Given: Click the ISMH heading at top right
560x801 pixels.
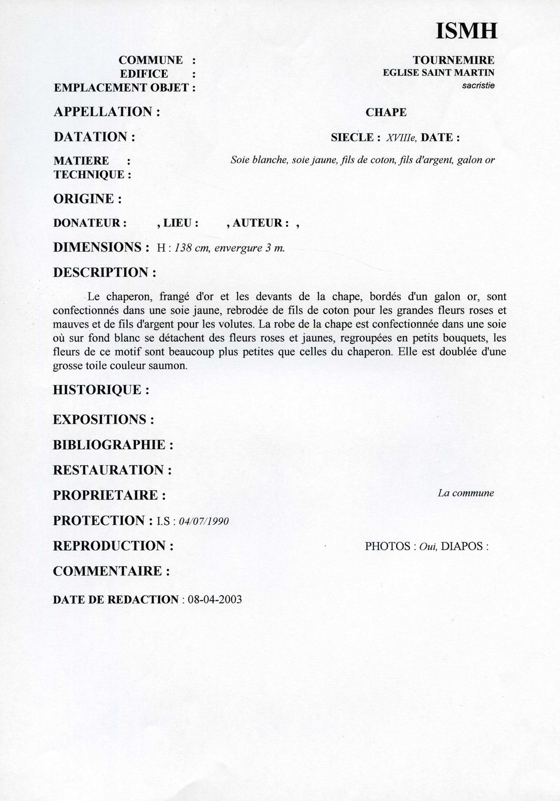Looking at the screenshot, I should click(466, 30).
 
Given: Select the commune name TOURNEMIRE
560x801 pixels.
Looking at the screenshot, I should click(453, 60).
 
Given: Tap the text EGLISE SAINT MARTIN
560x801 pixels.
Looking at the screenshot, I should click(438, 72).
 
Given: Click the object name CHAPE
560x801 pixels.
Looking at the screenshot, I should click(386, 113).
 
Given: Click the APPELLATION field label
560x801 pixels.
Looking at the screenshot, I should click(107, 112).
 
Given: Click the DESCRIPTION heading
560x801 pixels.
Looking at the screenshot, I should click(104, 272).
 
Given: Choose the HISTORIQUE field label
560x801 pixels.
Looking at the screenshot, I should click(101, 390).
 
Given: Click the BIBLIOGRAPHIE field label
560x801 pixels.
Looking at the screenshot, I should click(113, 445).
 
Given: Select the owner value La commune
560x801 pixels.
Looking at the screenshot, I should click(465, 493).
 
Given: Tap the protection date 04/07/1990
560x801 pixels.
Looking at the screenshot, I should click(203, 521).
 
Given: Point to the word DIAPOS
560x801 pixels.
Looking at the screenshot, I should click(462, 546).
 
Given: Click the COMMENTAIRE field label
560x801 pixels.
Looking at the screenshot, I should click(111, 571).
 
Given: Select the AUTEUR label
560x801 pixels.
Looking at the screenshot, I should click(260, 223).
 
